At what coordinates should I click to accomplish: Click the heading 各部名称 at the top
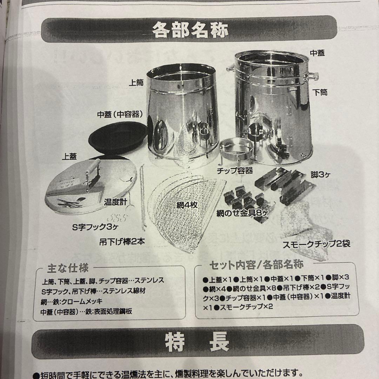click(x=190, y=31)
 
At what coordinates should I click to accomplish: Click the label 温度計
click(x=114, y=202)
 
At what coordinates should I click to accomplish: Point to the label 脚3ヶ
click(x=318, y=174)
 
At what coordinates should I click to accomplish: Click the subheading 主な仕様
click(x=68, y=269)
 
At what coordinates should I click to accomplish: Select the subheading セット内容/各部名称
click(x=256, y=264)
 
